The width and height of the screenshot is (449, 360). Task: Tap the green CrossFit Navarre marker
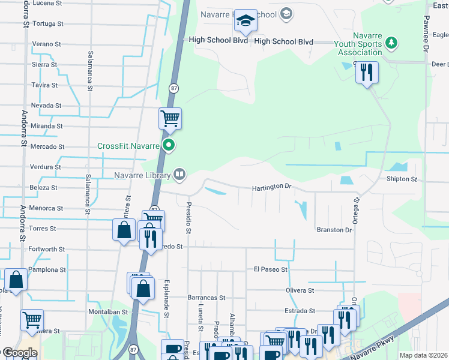(x=169, y=145)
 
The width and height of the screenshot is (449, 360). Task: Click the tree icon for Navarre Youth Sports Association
(x=391, y=43)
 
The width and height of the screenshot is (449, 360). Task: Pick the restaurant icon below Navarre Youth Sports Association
(x=367, y=73)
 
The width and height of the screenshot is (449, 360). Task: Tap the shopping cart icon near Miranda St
(x=170, y=118)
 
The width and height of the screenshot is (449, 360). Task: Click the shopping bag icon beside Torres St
(x=124, y=230)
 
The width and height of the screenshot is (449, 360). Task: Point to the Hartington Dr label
(x=271, y=187)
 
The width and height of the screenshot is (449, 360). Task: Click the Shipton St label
(x=402, y=179)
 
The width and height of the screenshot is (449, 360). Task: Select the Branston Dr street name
(x=334, y=230)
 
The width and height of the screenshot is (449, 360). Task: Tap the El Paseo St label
(x=270, y=269)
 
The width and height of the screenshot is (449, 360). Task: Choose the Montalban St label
(x=109, y=312)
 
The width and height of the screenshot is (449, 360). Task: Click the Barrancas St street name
(x=205, y=297)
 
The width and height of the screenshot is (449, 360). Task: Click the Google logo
(x=19, y=353)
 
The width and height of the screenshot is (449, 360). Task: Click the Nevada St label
(x=46, y=106)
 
